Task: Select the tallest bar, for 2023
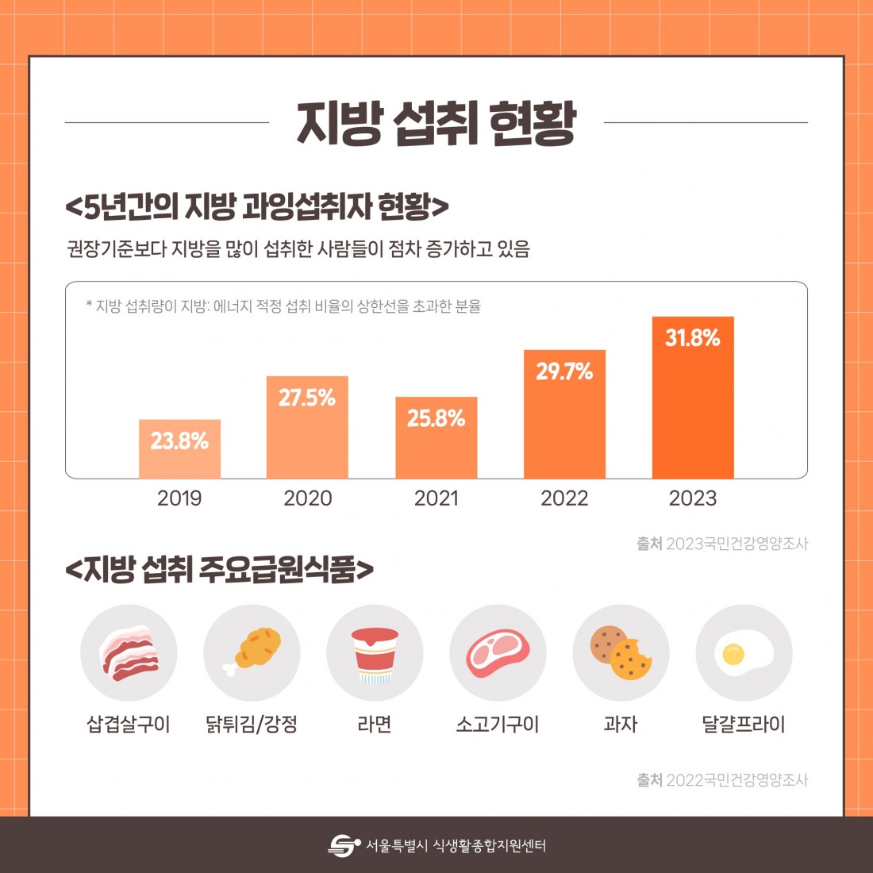[x=693, y=405]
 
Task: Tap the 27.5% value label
[x=307, y=398]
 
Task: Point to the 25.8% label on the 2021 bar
[x=436, y=418]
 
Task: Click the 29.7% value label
[x=564, y=371]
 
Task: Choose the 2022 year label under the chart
[x=564, y=498]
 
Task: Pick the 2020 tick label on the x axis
[x=308, y=498]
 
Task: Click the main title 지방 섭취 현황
[x=436, y=124]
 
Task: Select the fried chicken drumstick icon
[x=252, y=652]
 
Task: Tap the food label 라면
[x=375, y=724]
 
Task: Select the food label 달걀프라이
[x=744, y=724]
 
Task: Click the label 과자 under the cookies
[x=621, y=724]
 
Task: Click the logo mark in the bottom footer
[x=344, y=845]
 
